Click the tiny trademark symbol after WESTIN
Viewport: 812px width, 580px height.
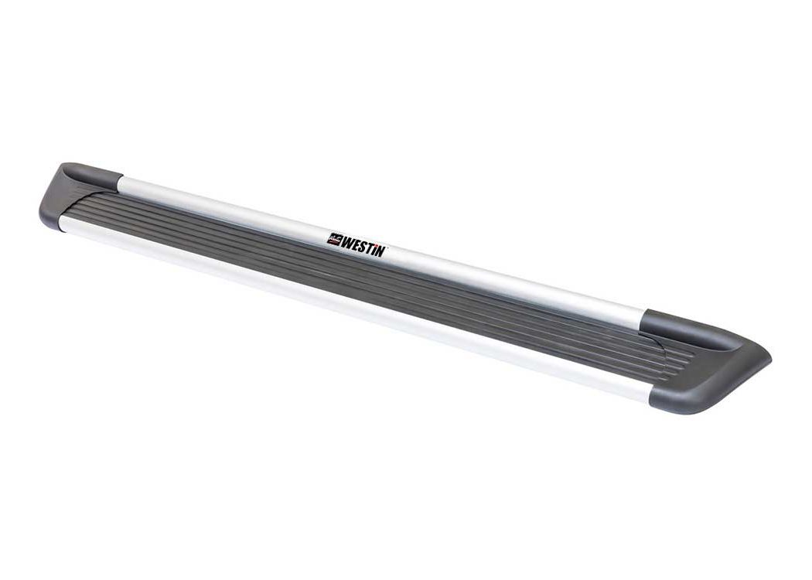click(x=387, y=248)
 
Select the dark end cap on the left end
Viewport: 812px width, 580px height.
click(x=77, y=195)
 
